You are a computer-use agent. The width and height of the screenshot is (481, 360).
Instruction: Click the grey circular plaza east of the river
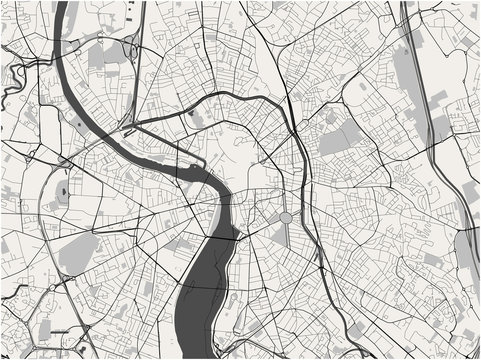coord(285,218)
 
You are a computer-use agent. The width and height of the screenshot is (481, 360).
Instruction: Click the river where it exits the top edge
coord(62,8)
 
